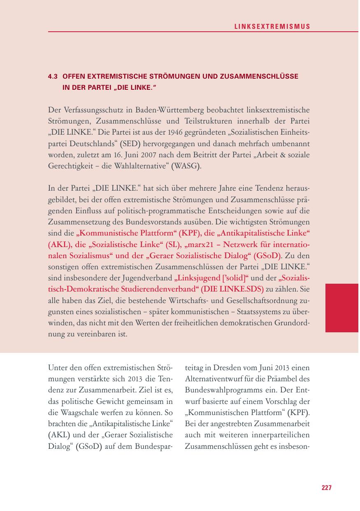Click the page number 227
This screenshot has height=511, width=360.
pyautogui.click(x=326, y=488)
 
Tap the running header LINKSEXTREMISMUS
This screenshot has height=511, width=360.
pyautogui.click(x=272, y=26)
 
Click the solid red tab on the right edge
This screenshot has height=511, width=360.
pyautogui.click(x=341, y=308)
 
